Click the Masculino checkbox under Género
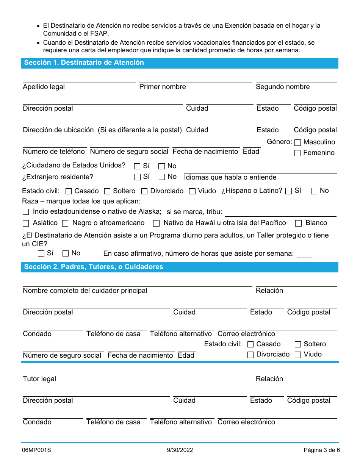297,143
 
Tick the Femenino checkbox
297,153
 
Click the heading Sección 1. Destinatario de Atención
84,63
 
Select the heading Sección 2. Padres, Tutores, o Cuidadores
94,267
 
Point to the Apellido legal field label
44,87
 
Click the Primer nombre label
163,87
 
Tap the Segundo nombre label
283,87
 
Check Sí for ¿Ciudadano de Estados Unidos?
138,166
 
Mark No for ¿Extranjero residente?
162,177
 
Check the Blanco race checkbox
299,223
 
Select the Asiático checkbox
26,223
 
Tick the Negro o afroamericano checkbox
65,223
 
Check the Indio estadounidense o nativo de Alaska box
26,212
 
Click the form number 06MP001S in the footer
36,450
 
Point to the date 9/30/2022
180,450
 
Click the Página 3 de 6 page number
321,450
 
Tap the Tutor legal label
39,379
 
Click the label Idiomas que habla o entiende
230,178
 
